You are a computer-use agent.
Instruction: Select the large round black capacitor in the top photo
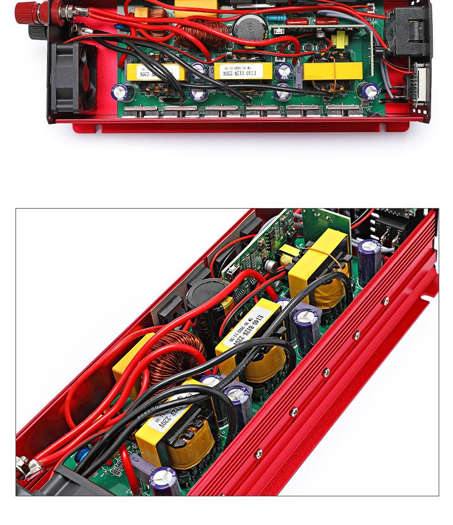[x=247, y=27]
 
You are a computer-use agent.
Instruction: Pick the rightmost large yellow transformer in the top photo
[x=333, y=70]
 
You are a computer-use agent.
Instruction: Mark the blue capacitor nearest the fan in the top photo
[x=121, y=91]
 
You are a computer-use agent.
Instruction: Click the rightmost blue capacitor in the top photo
[x=370, y=91]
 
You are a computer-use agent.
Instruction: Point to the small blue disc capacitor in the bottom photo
[x=83, y=455]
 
